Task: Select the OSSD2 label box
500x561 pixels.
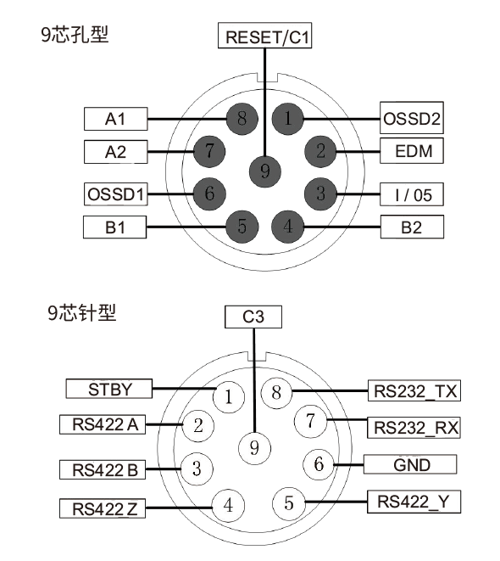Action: tap(412, 119)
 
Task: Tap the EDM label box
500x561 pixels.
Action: tap(412, 153)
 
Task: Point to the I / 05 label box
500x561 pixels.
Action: tap(412, 194)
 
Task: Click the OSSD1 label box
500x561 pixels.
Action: tap(116, 194)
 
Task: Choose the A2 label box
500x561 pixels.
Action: tap(115, 152)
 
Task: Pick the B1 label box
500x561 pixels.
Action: tap(115, 227)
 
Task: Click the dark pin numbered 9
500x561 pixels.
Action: tap(265, 172)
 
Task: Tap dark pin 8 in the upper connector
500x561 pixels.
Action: tap(242, 119)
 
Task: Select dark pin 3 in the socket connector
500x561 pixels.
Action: tap(320, 193)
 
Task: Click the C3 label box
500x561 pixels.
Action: tap(253, 317)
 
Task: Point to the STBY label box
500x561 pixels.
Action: tap(109, 389)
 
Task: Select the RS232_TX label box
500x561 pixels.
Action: tap(413, 391)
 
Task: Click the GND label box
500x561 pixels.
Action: tap(412, 464)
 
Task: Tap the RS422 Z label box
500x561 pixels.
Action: tap(104, 508)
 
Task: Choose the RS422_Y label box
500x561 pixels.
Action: tap(413, 501)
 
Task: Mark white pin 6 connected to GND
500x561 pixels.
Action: tap(319, 464)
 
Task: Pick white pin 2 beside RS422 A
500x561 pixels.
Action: tap(197, 425)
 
